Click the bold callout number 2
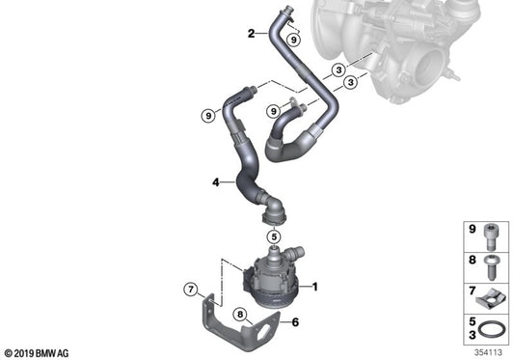tap(252, 34)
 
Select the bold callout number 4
tap(216, 180)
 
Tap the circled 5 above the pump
tap(273, 235)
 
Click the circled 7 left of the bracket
tap(192, 290)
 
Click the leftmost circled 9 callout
tap(206, 116)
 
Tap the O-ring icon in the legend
tap(494, 328)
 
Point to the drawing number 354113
tap(489, 351)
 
